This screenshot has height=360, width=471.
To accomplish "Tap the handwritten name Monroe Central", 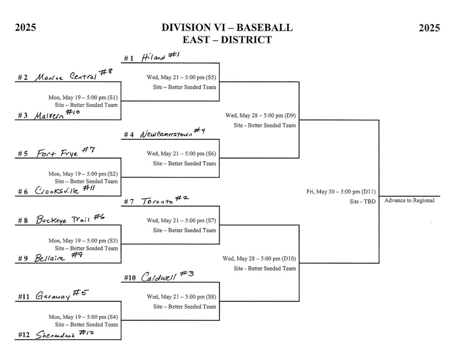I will click(x=65, y=77).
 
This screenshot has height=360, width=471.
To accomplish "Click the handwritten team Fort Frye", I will click(x=56, y=153).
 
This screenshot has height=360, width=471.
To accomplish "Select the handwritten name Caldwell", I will click(x=159, y=277).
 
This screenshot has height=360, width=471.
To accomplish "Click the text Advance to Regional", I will click(x=409, y=200).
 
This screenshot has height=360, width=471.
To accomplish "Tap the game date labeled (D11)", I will click(x=341, y=192).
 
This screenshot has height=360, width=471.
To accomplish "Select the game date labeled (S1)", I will click(x=83, y=97).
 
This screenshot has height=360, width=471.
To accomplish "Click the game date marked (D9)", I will click(x=261, y=116).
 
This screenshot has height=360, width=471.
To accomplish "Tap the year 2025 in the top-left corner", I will click(x=26, y=28).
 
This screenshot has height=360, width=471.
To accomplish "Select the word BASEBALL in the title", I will click(x=268, y=28).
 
